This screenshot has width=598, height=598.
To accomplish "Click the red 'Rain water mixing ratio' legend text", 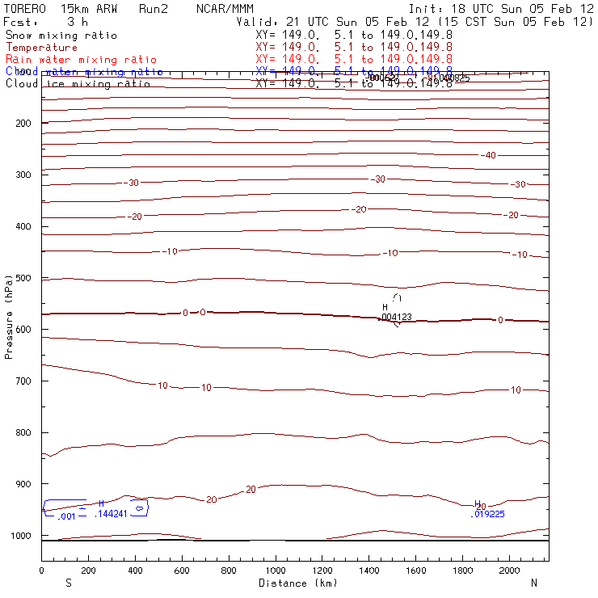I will coord(82,60).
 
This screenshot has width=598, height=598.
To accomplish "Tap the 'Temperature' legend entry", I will coord(42,48).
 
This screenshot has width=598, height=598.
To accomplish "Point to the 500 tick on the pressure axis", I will coord(22,278).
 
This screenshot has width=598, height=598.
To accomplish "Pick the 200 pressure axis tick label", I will coord(22,123).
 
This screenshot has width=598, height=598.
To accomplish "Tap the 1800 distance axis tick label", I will coord(463,571).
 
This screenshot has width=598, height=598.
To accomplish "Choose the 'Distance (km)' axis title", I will coord(294,583).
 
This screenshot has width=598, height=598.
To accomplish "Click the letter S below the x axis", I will coord(68,583).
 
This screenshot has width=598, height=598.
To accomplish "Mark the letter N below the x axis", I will coord(533,583).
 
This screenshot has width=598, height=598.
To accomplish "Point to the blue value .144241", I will coord(112,514).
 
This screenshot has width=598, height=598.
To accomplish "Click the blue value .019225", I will coord(487,513).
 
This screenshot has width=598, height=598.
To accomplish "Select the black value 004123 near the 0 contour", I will coord(396,317).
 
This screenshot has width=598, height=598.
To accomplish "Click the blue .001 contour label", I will coord(65,516).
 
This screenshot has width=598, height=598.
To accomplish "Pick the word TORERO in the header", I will coord(24,9).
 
